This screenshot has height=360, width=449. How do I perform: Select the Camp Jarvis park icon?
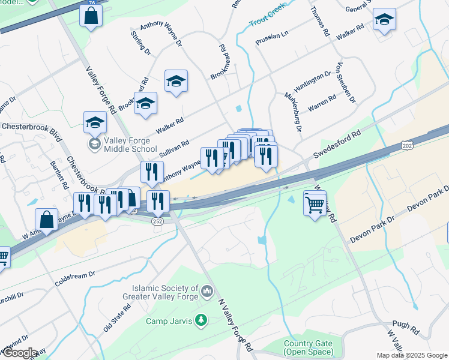coord(201,322)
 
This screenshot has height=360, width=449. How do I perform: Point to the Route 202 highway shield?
coord(406,145)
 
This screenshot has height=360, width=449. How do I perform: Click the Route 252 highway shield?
coord(157,221)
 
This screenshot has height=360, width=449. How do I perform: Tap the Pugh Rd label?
coord(407,328)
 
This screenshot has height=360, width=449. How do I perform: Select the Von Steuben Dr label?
coord(346,82)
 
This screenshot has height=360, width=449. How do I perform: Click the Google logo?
coord(20,353)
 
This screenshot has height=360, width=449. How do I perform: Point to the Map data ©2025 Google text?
coord(412,355)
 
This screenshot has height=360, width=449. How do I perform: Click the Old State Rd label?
coord(116,319)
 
